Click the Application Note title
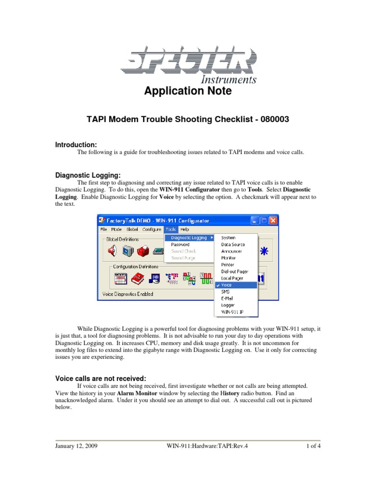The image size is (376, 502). point(188,91)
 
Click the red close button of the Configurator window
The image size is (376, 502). point(273,221)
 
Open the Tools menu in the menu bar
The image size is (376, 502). point(171,229)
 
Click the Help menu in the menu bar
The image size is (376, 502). point(185,229)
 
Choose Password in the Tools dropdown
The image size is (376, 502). point(180,244)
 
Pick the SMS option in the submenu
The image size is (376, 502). point(225,291)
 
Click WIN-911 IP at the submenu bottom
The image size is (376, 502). point(232,311)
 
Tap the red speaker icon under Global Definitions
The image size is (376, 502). point(112,251)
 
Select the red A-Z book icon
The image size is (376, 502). point(136,278)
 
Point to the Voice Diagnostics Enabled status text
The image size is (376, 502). point(128,294)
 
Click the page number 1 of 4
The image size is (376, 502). point(313,446)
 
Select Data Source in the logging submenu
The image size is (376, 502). point(233,244)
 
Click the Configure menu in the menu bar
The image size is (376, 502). point(152,229)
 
